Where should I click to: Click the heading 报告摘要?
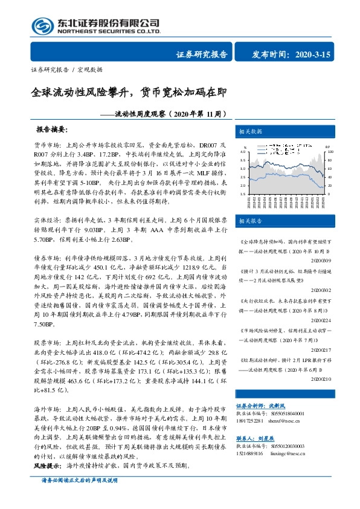(x=53, y=130)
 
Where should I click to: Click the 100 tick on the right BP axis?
(x=330, y=152)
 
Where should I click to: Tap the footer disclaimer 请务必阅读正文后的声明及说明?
(x=79, y=497)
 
